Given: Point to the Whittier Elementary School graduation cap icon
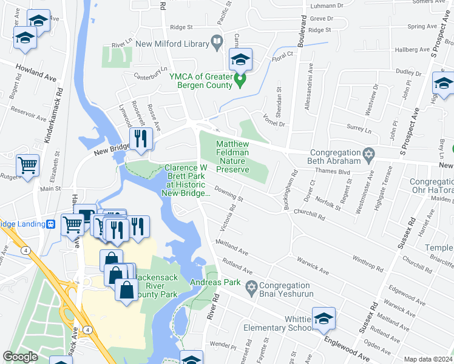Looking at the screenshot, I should pos(324,318).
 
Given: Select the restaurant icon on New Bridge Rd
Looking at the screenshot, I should pos(140,138).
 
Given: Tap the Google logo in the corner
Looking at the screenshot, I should pos(20,357).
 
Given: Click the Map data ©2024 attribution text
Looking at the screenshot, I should pos(428,359).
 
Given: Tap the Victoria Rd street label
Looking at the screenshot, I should pos(231,215).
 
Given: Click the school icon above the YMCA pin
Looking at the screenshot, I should pos(240,59).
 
